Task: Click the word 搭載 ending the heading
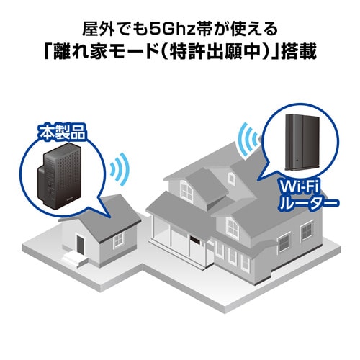pyautogui.click(x=297, y=54)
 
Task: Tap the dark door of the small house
pyautogui.click(x=81, y=245)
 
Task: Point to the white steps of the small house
pyautogui.click(x=72, y=258)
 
